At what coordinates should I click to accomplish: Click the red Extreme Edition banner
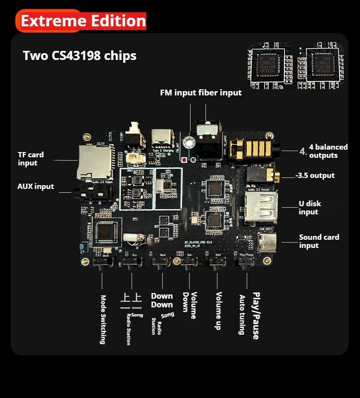[82, 21]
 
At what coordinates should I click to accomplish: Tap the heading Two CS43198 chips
[80, 56]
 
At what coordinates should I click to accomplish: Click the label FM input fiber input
[201, 93]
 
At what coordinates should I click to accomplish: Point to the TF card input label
[31, 159]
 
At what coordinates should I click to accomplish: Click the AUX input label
[36, 186]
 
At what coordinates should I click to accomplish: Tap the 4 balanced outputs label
[328, 151]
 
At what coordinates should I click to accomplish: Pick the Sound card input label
[319, 241]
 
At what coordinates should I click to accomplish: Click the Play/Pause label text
[256, 316]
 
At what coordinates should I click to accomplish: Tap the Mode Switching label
[103, 319]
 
